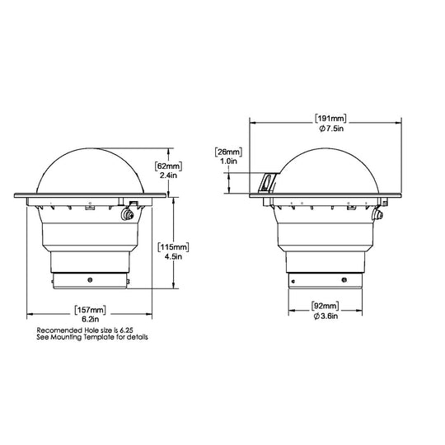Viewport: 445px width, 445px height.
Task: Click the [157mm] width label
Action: tap(87, 310)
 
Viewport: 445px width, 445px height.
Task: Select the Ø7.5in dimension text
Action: tap(332, 128)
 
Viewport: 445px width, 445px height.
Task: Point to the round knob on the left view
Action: tap(128, 215)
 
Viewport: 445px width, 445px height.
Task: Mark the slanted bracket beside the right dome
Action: tap(265, 183)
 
